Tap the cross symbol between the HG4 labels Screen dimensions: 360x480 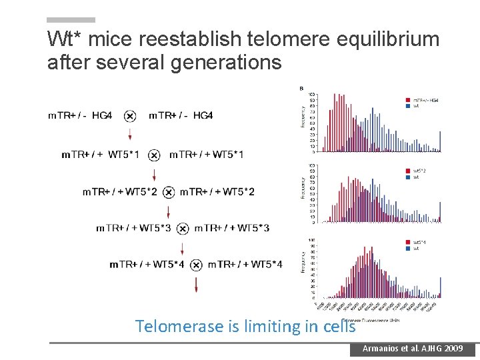130,116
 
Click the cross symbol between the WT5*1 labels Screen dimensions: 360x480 154,155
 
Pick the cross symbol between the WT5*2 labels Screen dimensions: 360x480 169,193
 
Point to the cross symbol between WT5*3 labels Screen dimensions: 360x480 182,229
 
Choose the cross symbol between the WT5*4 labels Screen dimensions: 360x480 196,265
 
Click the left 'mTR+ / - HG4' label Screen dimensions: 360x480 80,116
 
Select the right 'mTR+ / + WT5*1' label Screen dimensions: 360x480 206,155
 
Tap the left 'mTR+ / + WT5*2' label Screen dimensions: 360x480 121,193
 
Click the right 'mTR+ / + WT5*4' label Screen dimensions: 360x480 245,265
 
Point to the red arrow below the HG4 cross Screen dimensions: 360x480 130,134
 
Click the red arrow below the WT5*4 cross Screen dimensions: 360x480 196,285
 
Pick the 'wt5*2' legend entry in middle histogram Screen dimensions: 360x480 419,171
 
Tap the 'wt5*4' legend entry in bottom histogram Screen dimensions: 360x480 419,242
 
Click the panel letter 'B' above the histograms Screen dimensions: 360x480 301,88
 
